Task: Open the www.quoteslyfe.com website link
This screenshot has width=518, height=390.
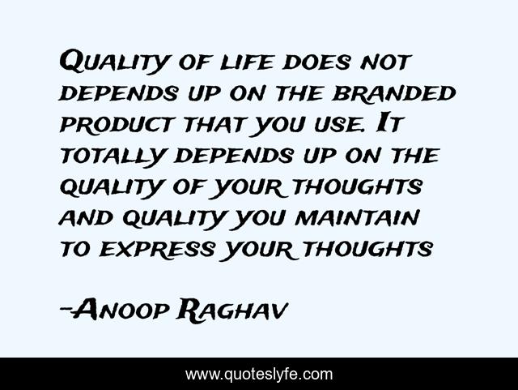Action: [x=259, y=375]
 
